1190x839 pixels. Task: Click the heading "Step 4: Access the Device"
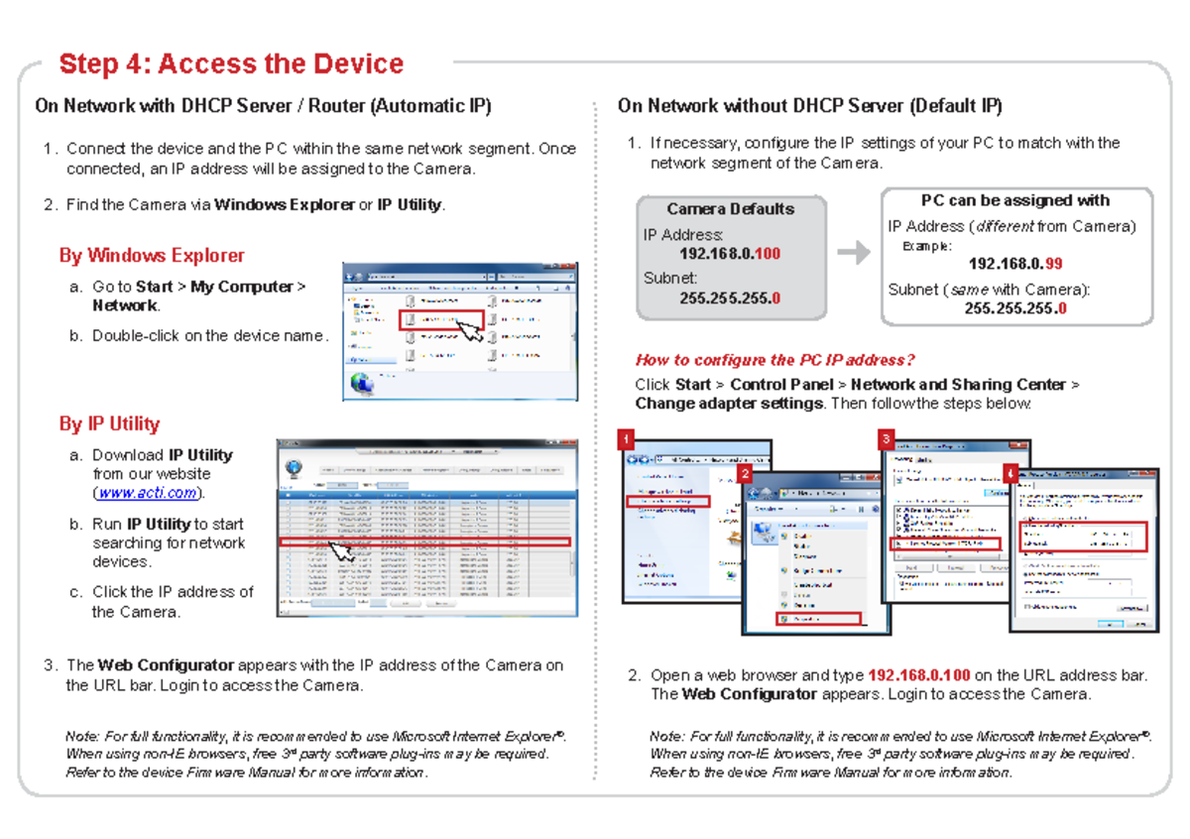[231, 64]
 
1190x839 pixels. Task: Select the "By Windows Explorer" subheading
[152, 256]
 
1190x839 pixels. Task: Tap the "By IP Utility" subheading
[109, 424]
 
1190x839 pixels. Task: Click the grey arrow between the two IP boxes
[853, 254]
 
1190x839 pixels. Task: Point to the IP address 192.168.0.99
[1015, 265]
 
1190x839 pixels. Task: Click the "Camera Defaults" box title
[730, 209]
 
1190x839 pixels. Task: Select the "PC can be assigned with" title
[1014, 200]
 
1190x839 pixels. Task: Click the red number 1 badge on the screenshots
[625, 439]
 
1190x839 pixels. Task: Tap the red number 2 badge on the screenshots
[745, 475]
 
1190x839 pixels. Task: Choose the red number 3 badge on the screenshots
[886, 439]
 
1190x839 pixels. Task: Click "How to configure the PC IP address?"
[774, 360]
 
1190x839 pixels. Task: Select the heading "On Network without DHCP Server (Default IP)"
[809, 106]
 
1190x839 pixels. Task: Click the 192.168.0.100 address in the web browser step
[918, 676]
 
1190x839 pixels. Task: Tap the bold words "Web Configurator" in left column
[166, 665]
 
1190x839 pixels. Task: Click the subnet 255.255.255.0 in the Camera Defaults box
[729, 299]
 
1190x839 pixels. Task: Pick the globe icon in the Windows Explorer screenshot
[362, 382]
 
